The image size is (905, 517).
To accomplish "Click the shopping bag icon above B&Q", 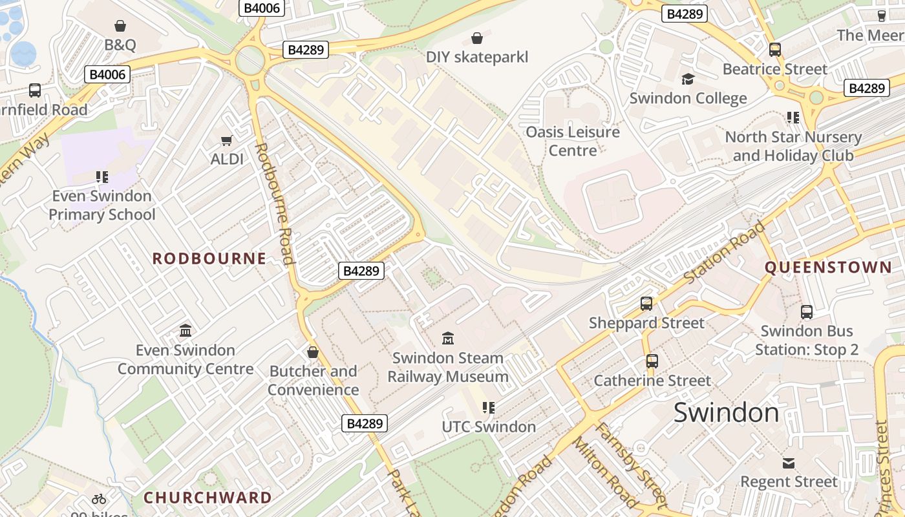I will pyautogui.click(x=120, y=26).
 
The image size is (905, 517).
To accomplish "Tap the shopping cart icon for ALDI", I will pyautogui.click(x=226, y=140).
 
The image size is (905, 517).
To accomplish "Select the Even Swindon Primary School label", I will pyautogui.click(x=102, y=205).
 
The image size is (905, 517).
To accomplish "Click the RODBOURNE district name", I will pyautogui.click(x=209, y=258).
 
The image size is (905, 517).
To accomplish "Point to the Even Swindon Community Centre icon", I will pyautogui.click(x=186, y=331).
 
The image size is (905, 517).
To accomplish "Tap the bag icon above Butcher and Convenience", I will pyautogui.click(x=313, y=352).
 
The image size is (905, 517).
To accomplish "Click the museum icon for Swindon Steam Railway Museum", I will pyautogui.click(x=447, y=338).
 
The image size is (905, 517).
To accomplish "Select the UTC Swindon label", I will pyautogui.click(x=489, y=427).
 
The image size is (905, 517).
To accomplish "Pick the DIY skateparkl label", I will pyautogui.click(x=477, y=57).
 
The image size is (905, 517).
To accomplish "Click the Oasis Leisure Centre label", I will pyautogui.click(x=572, y=141).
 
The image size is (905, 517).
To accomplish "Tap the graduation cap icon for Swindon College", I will pyautogui.click(x=688, y=79).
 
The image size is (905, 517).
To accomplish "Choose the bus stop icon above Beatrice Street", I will pyautogui.click(x=774, y=50).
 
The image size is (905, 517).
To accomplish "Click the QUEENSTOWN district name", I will pyautogui.click(x=828, y=267).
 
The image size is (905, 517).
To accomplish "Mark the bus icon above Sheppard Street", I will pyautogui.click(x=646, y=304).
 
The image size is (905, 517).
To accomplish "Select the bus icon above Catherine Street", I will pyautogui.click(x=652, y=361).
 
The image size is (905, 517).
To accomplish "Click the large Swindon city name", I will pyautogui.click(x=726, y=412).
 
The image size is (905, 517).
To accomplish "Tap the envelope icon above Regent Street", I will pyautogui.click(x=789, y=463).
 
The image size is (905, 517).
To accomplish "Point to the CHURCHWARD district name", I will pyautogui.click(x=208, y=498).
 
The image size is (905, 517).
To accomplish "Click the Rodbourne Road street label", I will pyautogui.click(x=275, y=204).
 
